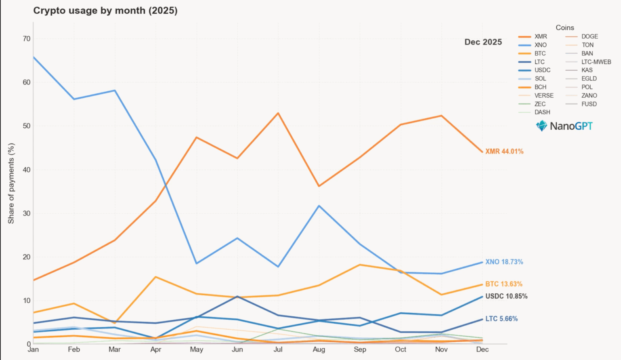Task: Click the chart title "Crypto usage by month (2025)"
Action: pyautogui.click(x=105, y=11)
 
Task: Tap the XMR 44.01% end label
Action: pyautogui.click(x=504, y=152)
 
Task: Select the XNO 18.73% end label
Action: pyautogui.click(x=504, y=262)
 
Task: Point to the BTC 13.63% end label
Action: pyautogui.click(x=504, y=284)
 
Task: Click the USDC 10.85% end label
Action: pyautogui.click(x=506, y=296)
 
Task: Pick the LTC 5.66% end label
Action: pyautogui.click(x=501, y=319)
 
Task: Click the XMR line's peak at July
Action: pyautogui.click(x=278, y=113)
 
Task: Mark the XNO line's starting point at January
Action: pyautogui.click(x=34, y=57)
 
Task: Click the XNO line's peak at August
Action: pyautogui.click(x=319, y=206)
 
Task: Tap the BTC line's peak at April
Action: pyautogui.click(x=156, y=277)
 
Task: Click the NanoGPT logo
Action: pyautogui.click(x=564, y=126)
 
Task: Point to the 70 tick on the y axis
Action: pyautogui.click(x=27, y=39)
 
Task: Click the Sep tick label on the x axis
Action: pyautogui.click(x=360, y=349)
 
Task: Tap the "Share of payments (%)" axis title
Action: pyautogui.click(x=11, y=183)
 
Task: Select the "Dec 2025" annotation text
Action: pyautogui.click(x=483, y=42)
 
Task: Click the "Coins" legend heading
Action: pyautogui.click(x=565, y=27)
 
